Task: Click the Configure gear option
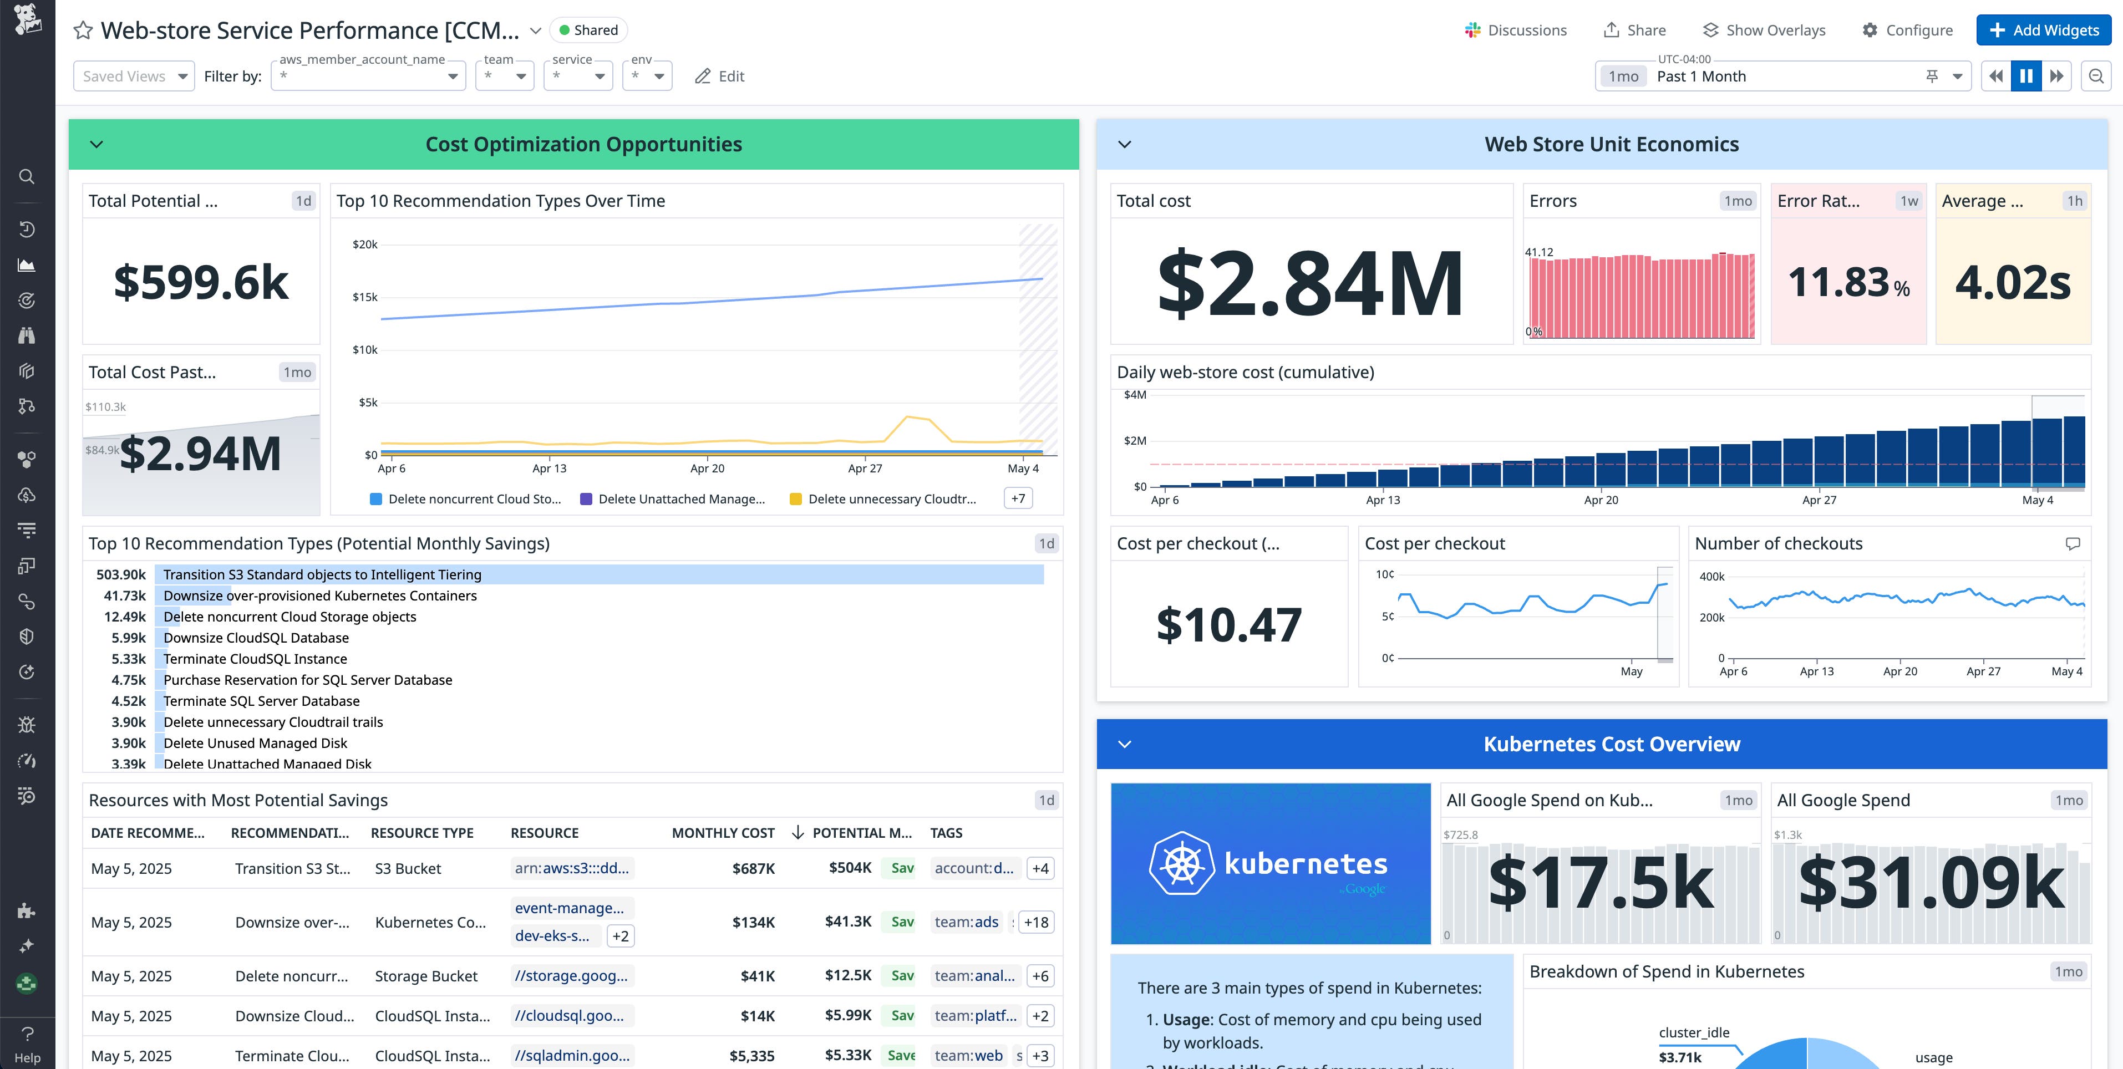1907,30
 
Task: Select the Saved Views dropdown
134,76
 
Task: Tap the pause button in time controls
2026,76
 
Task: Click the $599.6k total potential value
201,282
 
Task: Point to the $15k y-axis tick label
364,297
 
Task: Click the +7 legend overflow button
1018,498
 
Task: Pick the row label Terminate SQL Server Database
261,701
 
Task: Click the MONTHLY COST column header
723,832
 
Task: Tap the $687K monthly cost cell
753,868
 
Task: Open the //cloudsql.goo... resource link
570,1015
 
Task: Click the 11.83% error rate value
1848,282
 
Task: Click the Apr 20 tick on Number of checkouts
1899,671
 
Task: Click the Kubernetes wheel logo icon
1182,863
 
